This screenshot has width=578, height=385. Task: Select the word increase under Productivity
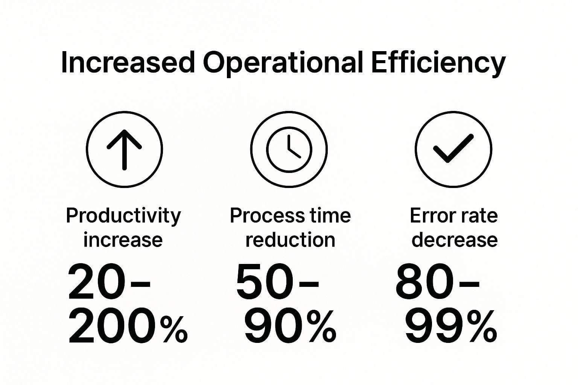pos(123,240)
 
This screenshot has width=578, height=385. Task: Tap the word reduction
pos(290,240)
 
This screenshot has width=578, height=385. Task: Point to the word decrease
pos(455,240)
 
